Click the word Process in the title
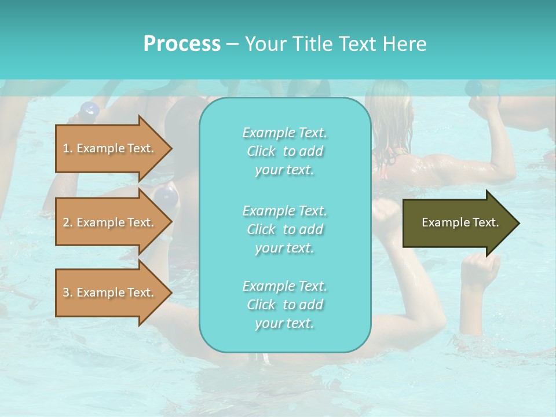[182, 44]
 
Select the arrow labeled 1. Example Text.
[110, 148]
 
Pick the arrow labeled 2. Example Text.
[110, 222]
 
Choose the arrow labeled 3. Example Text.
[110, 292]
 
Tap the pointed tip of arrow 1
[171, 148]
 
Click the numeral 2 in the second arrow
[66, 222]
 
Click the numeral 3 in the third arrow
[66, 292]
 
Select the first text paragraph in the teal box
[284, 151]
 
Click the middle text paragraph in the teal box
[284, 229]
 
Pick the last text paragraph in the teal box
[284, 305]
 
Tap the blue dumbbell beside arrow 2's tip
[168, 196]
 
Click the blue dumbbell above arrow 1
[90, 109]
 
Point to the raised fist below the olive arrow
[481, 269]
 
